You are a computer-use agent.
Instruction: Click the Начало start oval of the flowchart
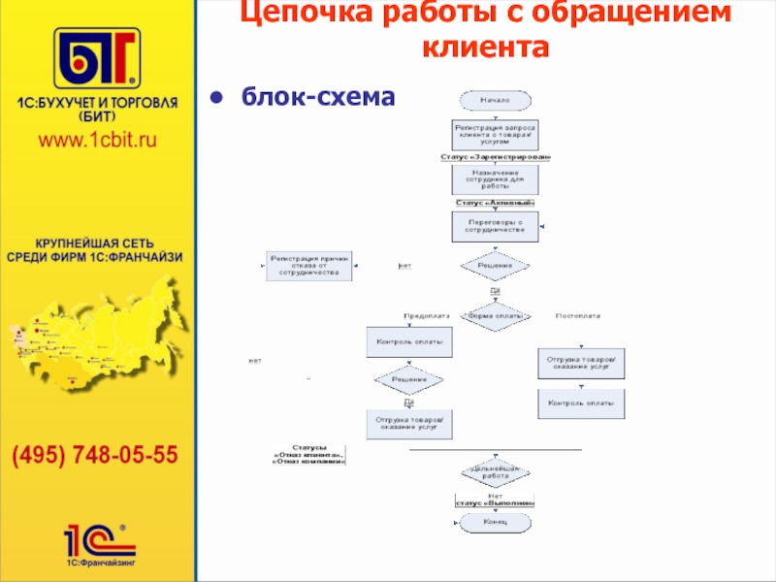click(495, 100)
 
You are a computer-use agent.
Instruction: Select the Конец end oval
click(495, 522)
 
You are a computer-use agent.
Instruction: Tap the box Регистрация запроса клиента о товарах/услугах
click(495, 134)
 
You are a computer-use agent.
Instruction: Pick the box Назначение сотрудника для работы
click(495, 179)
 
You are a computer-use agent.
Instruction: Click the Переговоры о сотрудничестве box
click(495, 227)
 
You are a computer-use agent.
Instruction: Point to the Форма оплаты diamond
click(495, 316)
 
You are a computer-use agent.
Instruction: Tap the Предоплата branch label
click(426, 316)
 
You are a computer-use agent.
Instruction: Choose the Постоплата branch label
click(577, 316)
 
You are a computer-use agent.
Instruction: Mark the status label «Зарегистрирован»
click(495, 157)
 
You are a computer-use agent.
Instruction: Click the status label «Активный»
click(495, 203)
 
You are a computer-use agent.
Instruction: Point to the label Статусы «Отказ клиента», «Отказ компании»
click(310, 455)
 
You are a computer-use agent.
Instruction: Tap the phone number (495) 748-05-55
click(95, 454)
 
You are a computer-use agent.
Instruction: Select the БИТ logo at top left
click(96, 58)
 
